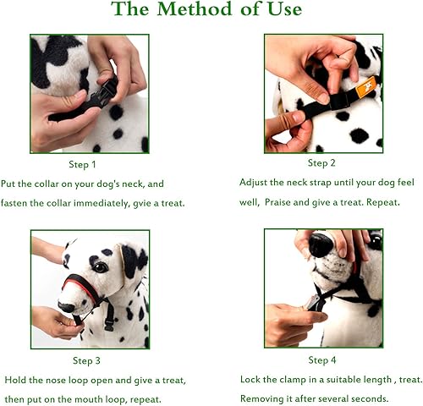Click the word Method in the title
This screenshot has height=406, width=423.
[x=195, y=8]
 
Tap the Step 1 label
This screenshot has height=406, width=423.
[x=82, y=165]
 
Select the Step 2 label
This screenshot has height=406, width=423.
[x=321, y=163]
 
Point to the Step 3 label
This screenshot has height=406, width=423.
[x=86, y=360]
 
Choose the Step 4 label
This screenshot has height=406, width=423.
[x=322, y=360]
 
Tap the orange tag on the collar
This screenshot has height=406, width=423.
[x=365, y=87]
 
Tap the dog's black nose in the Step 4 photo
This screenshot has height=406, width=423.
[x=321, y=244]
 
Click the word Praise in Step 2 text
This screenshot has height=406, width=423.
[x=277, y=202]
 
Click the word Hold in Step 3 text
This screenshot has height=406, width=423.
[x=15, y=380]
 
